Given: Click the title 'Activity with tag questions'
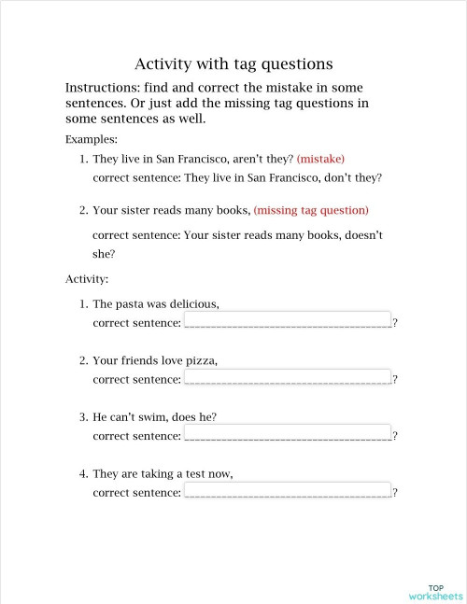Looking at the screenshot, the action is coord(233,64).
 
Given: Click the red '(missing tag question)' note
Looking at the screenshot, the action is coord(311,210).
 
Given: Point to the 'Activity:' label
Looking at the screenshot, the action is coord(87,278).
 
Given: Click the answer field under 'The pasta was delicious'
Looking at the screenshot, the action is coord(288,321).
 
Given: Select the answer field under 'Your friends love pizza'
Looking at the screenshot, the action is coord(288,377).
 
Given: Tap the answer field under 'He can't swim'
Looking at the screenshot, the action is coord(288,434).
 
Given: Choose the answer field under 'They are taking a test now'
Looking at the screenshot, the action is coord(288,491).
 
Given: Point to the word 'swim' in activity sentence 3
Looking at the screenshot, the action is coord(163,417).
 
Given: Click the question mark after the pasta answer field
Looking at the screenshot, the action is coord(395,323).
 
